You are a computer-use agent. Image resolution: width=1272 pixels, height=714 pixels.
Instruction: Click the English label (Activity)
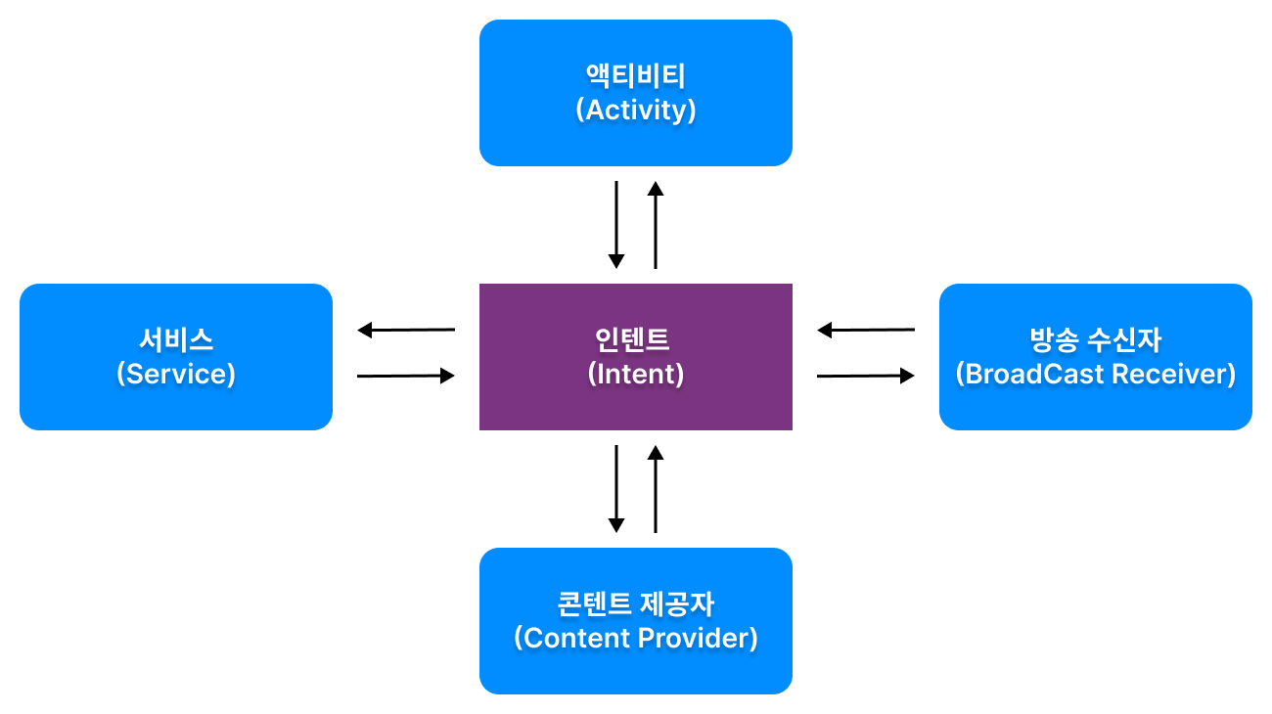coord(635,111)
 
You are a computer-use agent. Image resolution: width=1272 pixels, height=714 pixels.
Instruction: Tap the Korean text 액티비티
coord(635,76)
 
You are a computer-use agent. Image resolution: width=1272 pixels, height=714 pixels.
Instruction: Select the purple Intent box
coord(635,357)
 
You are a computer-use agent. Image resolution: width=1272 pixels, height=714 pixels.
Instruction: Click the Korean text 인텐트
coord(632,340)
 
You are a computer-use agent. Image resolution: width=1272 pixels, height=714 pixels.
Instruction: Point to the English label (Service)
coord(176,374)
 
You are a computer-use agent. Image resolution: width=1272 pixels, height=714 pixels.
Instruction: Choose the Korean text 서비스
coord(176,340)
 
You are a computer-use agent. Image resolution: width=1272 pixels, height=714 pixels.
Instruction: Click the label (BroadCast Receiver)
coord(1096,374)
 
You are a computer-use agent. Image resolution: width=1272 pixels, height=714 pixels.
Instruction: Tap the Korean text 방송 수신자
coord(1096,340)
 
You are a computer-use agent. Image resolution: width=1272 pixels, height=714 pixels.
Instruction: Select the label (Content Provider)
coord(635,638)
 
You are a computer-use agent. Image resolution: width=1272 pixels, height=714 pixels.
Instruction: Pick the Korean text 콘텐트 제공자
coord(635,603)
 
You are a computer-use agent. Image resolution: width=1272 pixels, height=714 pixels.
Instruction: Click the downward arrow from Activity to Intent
coord(616,225)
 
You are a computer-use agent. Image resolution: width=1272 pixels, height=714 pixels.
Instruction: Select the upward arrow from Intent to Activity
coord(656,225)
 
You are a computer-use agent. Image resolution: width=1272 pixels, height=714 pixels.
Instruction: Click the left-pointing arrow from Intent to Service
coord(406,330)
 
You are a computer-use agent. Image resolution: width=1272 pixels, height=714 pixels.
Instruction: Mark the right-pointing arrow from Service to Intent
coord(406,376)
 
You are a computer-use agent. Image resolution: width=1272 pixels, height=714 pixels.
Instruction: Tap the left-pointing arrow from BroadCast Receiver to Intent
coord(866,330)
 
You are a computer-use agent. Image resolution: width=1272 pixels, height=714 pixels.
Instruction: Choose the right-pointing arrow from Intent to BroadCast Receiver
coord(866,376)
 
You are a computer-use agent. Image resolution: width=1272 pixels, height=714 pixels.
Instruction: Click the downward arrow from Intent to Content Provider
coord(616,489)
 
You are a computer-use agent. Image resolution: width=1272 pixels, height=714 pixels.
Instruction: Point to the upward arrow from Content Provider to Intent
coord(656,489)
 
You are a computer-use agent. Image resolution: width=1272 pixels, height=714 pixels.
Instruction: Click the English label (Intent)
coord(635,374)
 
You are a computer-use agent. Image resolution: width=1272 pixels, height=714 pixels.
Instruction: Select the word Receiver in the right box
coord(1174,374)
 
